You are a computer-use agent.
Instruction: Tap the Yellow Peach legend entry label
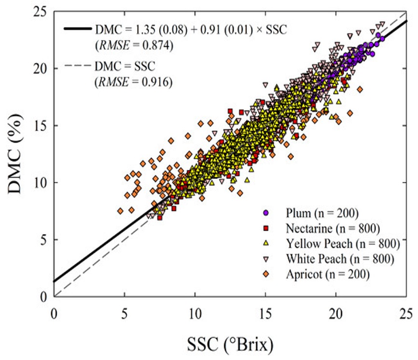tap(340, 243)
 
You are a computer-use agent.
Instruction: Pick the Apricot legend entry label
tap(327, 274)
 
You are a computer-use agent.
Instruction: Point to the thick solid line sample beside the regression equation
tap(77, 29)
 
